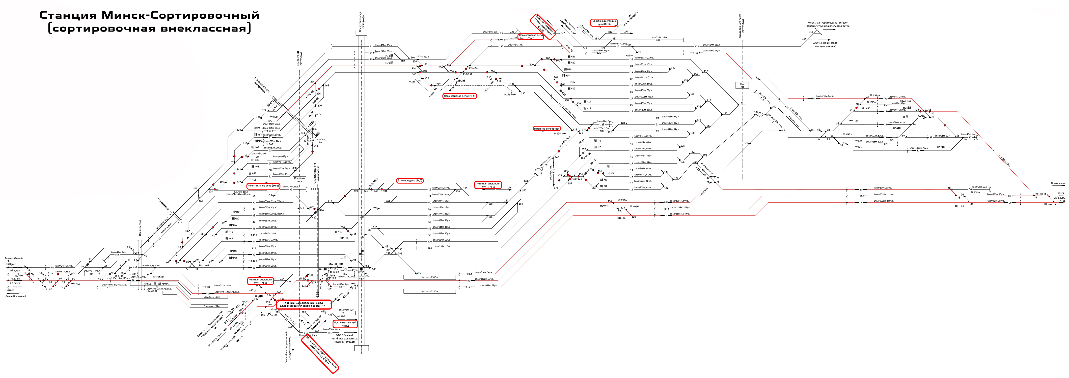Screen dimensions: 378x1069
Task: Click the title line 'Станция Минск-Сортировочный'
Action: (149, 15)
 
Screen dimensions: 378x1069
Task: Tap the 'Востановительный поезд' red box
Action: (345, 324)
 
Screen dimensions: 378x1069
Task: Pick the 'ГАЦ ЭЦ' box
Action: (742, 85)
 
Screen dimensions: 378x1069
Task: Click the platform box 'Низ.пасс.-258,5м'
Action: (429, 277)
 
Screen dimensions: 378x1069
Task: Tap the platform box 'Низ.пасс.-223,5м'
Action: (429, 291)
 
